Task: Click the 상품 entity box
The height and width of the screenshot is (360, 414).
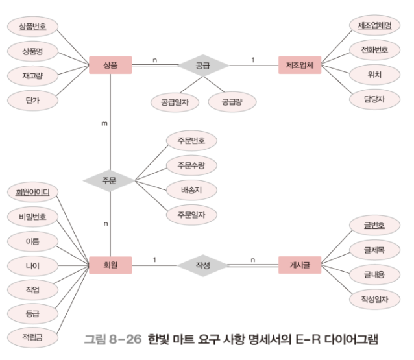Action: point(110,64)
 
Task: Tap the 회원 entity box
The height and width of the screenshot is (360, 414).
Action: point(110,265)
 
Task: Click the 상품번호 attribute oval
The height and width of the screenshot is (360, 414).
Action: point(32,27)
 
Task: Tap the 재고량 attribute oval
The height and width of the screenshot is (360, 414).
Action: point(32,76)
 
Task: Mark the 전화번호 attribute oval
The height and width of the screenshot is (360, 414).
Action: point(374,50)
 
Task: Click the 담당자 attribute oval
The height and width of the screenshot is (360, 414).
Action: point(374,99)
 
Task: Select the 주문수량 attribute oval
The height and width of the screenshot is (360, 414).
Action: point(191,165)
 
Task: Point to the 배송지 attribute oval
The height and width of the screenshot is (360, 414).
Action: point(191,189)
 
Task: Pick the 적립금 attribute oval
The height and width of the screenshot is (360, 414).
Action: point(32,338)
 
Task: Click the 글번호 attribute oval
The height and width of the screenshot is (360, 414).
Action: point(374,226)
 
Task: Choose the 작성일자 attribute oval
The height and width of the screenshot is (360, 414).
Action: point(374,299)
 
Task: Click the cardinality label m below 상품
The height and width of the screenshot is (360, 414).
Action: point(104,122)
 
